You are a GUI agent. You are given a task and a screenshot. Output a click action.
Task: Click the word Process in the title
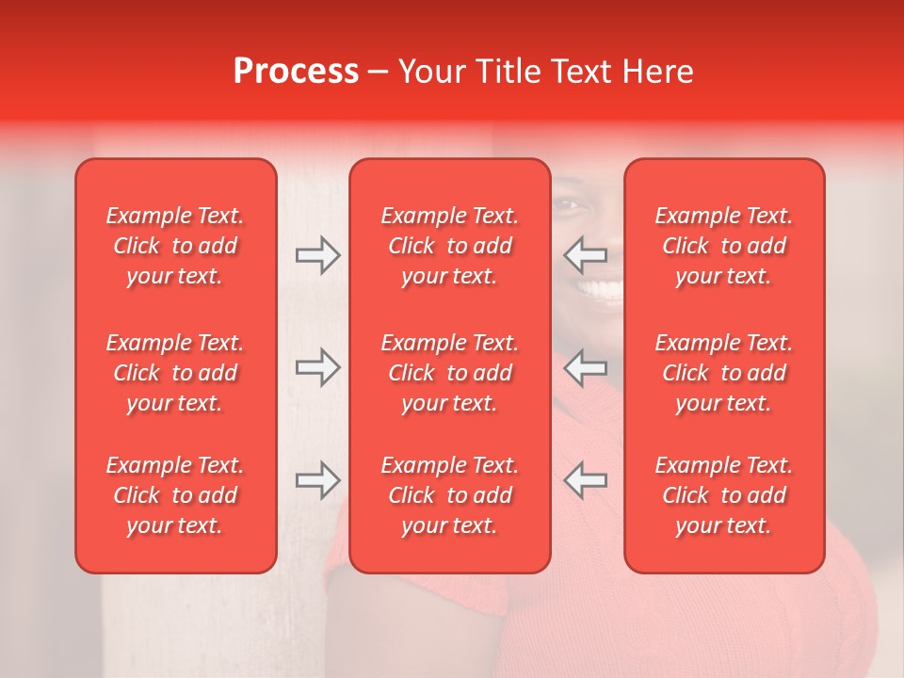point(296,72)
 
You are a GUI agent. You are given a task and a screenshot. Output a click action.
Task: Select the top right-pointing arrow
point(318,255)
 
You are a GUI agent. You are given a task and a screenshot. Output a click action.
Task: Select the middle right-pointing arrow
point(318,367)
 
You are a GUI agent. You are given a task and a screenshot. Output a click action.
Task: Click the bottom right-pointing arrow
point(318,480)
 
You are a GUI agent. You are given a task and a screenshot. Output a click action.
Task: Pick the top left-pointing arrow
point(586,255)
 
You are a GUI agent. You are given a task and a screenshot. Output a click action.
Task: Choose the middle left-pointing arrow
point(586,367)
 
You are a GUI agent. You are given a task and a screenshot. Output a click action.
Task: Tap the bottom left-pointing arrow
point(586,480)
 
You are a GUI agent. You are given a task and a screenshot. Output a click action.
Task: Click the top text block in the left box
point(175,246)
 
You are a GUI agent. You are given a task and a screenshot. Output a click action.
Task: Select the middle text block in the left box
point(175,373)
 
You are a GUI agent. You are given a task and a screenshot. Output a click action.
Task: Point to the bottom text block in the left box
point(175,495)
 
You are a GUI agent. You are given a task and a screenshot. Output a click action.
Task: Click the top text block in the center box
point(449,246)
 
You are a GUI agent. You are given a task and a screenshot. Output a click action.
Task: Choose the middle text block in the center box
point(449,373)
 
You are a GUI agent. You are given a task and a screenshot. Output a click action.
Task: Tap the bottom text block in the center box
point(449,495)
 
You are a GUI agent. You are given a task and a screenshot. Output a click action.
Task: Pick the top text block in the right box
point(723,246)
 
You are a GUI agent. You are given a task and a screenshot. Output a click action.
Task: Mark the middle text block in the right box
point(723,373)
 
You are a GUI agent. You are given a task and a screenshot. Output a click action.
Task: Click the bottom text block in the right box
point(723,495)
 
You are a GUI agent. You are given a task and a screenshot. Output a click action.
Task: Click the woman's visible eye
point(568,205)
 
